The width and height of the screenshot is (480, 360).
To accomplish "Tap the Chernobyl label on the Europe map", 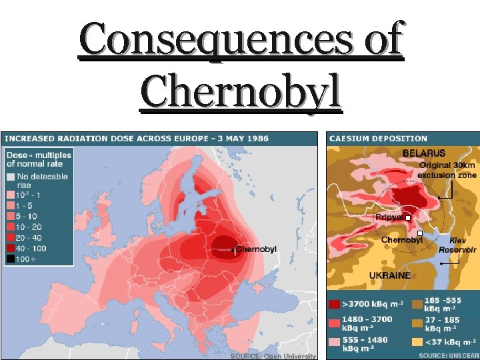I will tap(256, 249).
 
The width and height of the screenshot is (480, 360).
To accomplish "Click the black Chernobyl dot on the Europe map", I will tap(233, 250).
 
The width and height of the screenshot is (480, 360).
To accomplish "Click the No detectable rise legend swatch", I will tap(11, 177).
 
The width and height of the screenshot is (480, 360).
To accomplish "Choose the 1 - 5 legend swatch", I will tap(11, 206).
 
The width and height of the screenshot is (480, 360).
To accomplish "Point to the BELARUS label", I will tap(424, 153).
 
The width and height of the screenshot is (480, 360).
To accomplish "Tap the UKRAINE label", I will tap(391, 275).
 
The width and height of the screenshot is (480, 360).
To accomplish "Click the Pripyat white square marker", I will tap(407, 217).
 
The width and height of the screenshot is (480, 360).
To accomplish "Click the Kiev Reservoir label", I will tap(457, 245).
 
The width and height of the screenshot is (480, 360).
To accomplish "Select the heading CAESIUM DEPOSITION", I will tap(378, 138).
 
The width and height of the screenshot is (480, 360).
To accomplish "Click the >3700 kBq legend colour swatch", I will tap(335, 305).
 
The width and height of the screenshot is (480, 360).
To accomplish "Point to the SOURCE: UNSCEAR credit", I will tap(449, 356).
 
